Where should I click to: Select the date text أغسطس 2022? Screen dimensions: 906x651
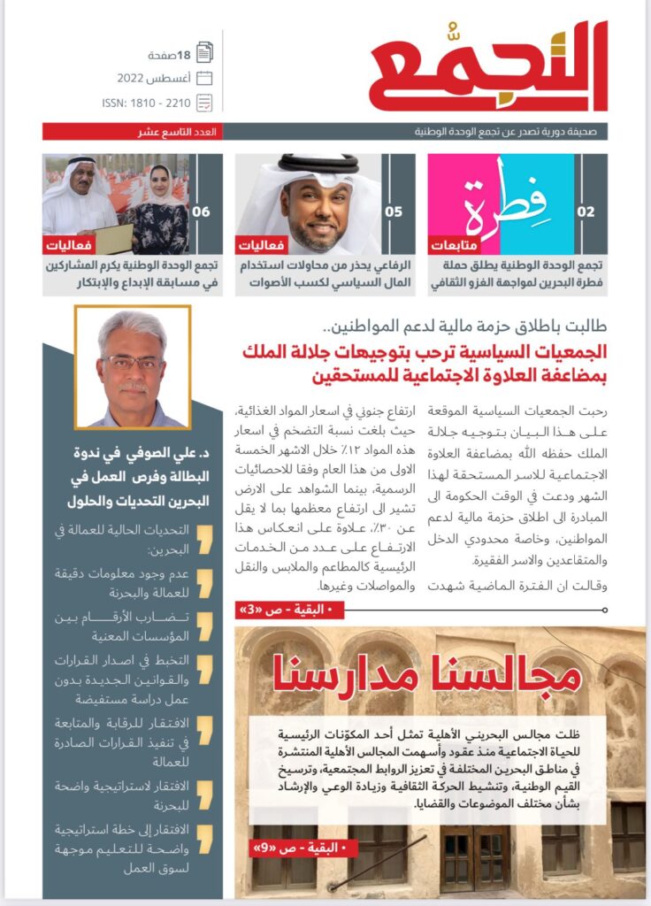click(x=157, y=78)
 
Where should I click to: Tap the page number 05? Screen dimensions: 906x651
click(x=393, y=212)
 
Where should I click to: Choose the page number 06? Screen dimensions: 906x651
click(x=201, y=212)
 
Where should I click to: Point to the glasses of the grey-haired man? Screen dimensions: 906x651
click(x=130, y=362)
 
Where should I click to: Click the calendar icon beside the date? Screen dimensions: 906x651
click(x=204, y=78)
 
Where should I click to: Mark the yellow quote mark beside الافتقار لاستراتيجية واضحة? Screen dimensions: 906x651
click(x=204, y=787)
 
